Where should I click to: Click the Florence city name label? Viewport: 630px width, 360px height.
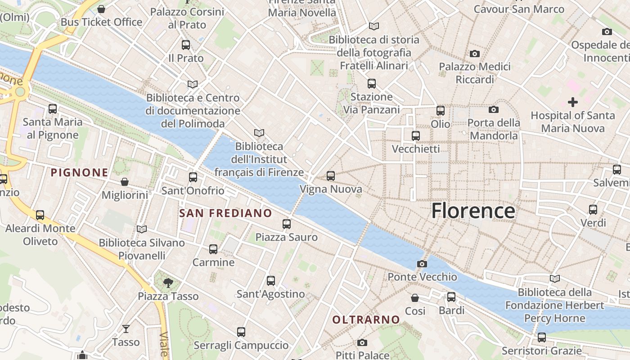473,211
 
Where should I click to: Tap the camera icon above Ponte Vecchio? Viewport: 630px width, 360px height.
422,264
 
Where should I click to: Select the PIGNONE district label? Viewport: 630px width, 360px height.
80,172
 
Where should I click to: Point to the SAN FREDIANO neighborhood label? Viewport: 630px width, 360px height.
225,213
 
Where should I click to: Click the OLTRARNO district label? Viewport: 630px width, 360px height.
366,319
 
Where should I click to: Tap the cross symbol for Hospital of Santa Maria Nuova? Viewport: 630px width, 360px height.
572,102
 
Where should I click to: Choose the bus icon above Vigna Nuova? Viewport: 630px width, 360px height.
331,176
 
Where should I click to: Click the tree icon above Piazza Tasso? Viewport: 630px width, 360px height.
168,283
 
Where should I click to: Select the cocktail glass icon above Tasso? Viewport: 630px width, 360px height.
126,329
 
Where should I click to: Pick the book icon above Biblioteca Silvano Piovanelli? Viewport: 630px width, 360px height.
142,229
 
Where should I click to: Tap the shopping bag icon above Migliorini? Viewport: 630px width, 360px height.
125,182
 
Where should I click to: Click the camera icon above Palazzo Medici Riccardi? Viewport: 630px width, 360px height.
474,54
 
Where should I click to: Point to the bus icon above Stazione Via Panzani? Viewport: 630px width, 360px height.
371,84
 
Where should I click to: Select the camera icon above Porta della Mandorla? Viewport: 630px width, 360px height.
493,109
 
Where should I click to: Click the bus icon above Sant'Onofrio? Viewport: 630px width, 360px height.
193,177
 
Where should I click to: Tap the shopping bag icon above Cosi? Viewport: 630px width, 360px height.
415,298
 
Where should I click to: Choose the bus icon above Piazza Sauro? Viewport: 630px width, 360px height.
287,224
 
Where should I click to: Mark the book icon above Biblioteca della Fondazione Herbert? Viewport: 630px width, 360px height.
554,279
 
